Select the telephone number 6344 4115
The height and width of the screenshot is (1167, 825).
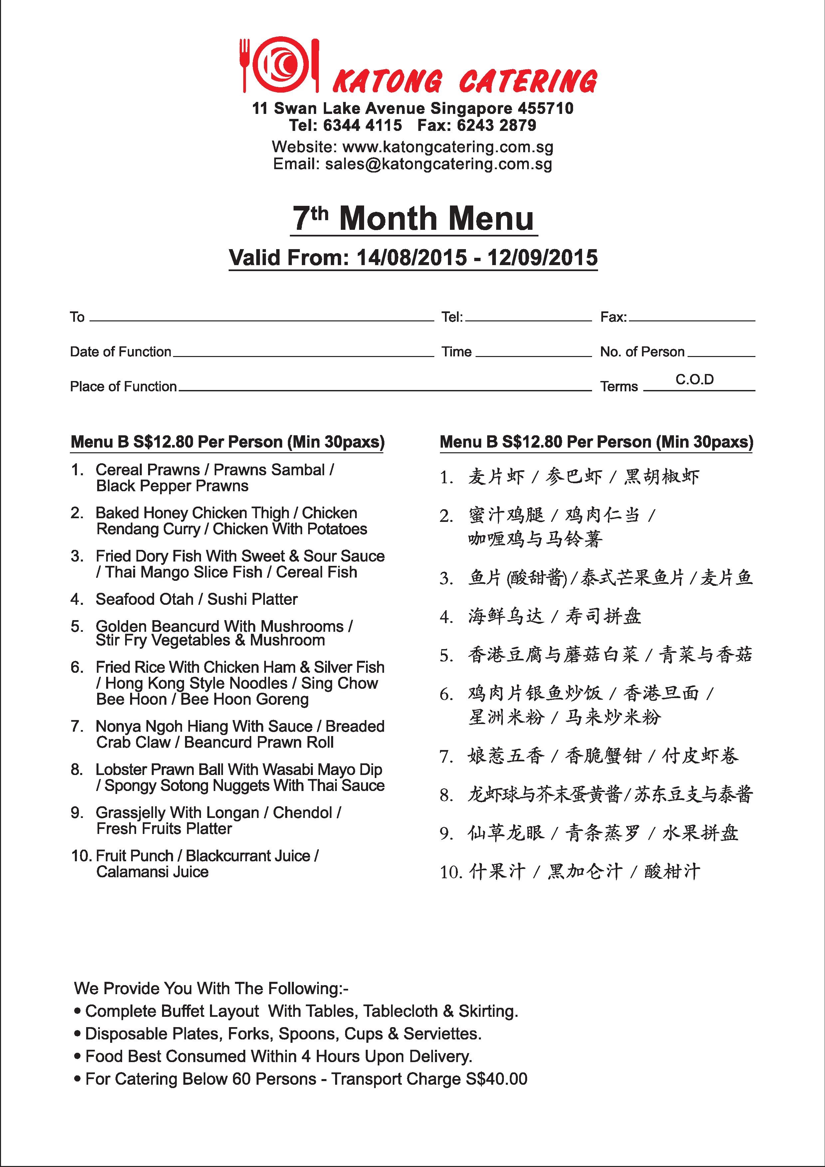pos(362,125)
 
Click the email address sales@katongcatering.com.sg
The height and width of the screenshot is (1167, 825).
pos(438,164)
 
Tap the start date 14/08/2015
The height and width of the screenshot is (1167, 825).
pos(411,257)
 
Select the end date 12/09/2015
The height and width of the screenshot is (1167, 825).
pos(542,257)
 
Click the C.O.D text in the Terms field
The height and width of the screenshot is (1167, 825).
pos(695,379)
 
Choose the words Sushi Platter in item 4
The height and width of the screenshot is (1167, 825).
pos(253,599)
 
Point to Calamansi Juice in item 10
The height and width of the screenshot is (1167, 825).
pos(152,872)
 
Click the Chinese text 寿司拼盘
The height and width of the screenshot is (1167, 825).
pos(603,616)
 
